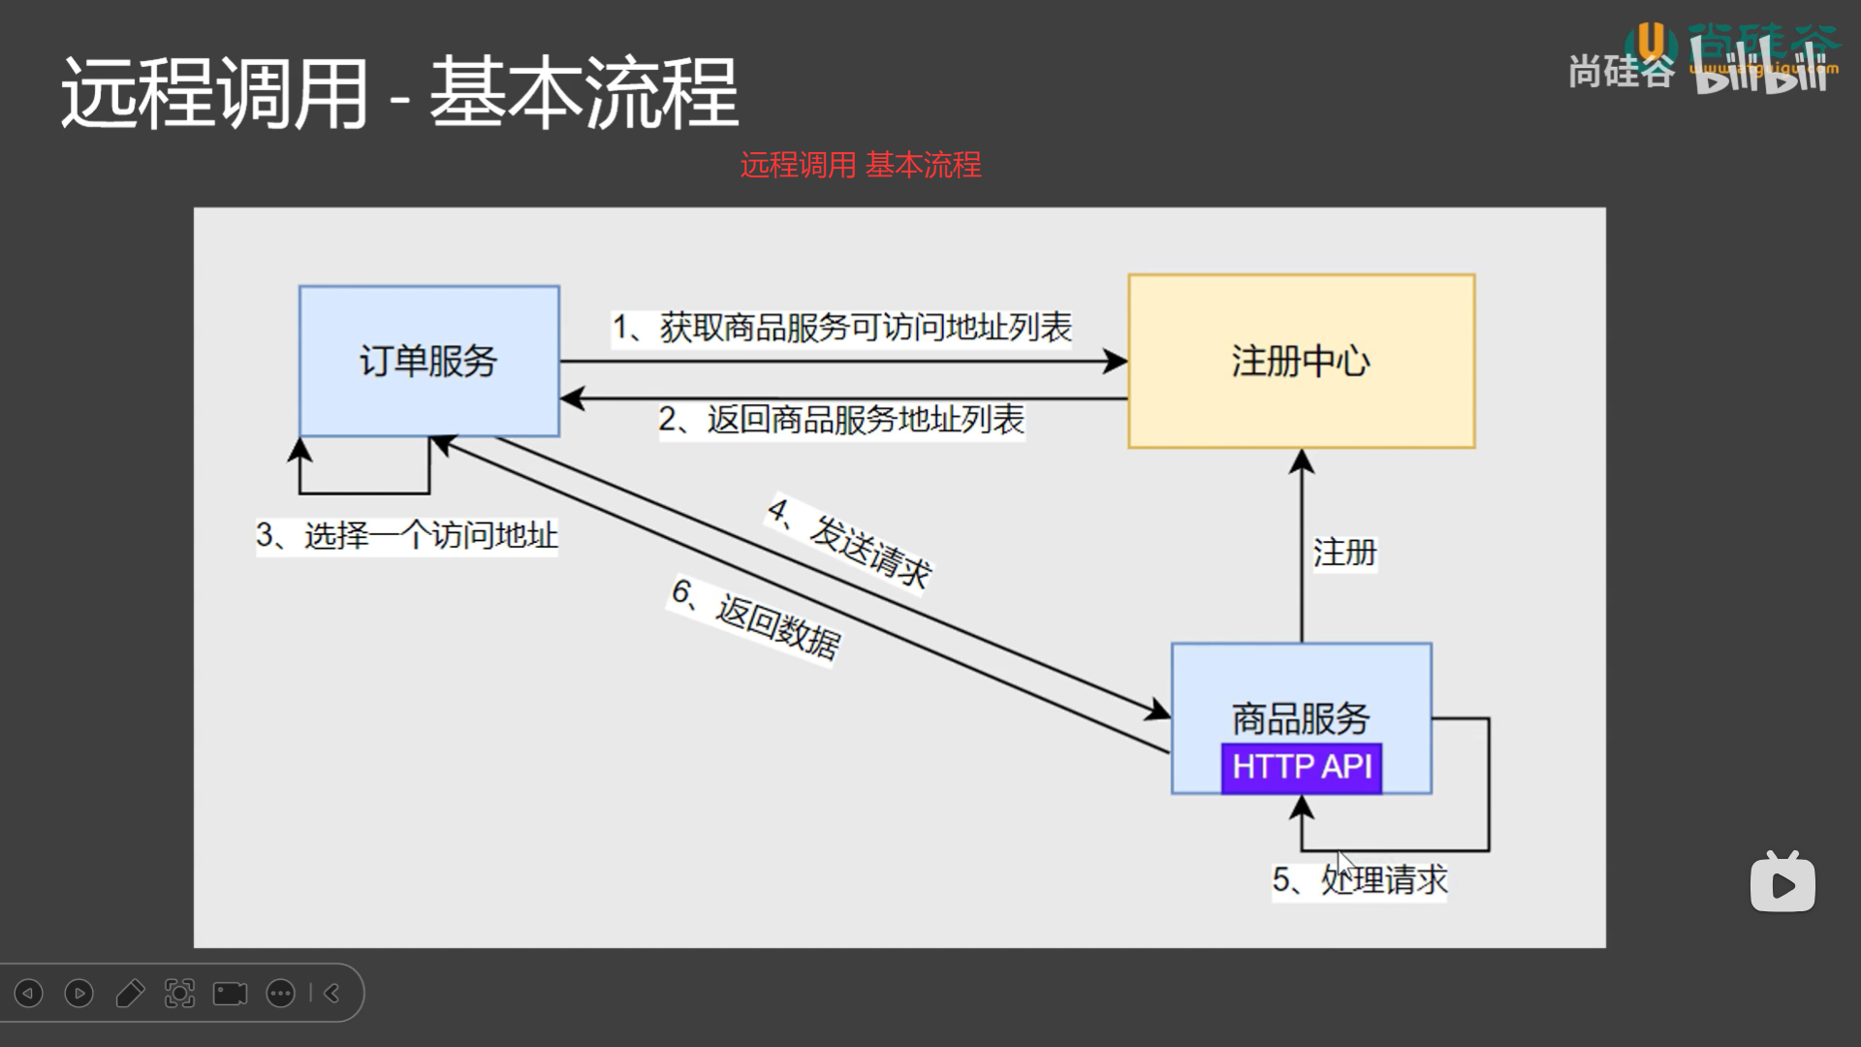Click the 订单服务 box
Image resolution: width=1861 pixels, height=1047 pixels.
click(x=428, y=361)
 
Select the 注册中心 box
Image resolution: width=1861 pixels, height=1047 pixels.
click(x=1301, y=361)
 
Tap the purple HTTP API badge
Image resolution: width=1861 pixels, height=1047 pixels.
click(x=1301, y=768)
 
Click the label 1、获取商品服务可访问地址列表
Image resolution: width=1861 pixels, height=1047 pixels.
click(x=841, y=328)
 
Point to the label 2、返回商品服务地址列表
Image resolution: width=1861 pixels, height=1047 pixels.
click(x=841, y=420)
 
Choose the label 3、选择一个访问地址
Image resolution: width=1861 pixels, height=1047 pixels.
click(x=407, y=535)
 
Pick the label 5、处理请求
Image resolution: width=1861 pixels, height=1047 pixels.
click(x=1359, y=880)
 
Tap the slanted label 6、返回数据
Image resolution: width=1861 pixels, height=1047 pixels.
click(x=756, y=619)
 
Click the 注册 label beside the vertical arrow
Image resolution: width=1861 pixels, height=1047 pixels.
click(x=1344, y=553)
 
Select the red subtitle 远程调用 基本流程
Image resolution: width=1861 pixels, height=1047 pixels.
click(x=861, y=165)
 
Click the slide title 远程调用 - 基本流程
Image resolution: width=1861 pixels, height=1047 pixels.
click(x=399, y=93)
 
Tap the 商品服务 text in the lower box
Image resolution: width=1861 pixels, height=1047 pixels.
click(x=1301, y=718)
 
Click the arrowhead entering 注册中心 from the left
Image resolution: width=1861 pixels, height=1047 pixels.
click(x=1117, y=362)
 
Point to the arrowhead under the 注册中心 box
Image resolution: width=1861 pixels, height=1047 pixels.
click(x=1302, y=460)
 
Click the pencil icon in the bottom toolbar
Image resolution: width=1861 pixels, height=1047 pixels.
click(x=130, y=994)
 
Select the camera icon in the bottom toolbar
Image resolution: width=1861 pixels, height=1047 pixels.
click(x=230, y=994)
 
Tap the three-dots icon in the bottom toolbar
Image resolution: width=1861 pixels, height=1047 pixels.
click(x=280, y=994)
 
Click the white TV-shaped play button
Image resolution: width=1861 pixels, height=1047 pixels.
click(x=1782, y=883)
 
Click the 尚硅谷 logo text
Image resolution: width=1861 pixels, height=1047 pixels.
click(x=1621, y=71)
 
